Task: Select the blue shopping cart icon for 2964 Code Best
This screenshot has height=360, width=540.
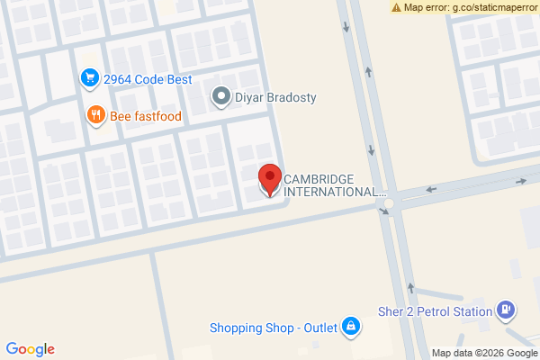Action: tap(88, 79)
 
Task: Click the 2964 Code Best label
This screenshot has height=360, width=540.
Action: tap(148, 79)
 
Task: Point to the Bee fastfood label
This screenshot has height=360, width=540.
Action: tap(146, 115)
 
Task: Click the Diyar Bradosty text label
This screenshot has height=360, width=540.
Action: tap(276, 97)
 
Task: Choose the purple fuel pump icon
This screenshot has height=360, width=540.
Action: tap(507, 311)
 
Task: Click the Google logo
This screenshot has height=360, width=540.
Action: tap(30, 349)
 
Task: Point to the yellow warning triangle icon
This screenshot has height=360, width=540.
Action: tap(396, 7)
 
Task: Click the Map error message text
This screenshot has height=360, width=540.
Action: tap(471, 7)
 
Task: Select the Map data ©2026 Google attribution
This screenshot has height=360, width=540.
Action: tap(483, 353)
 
